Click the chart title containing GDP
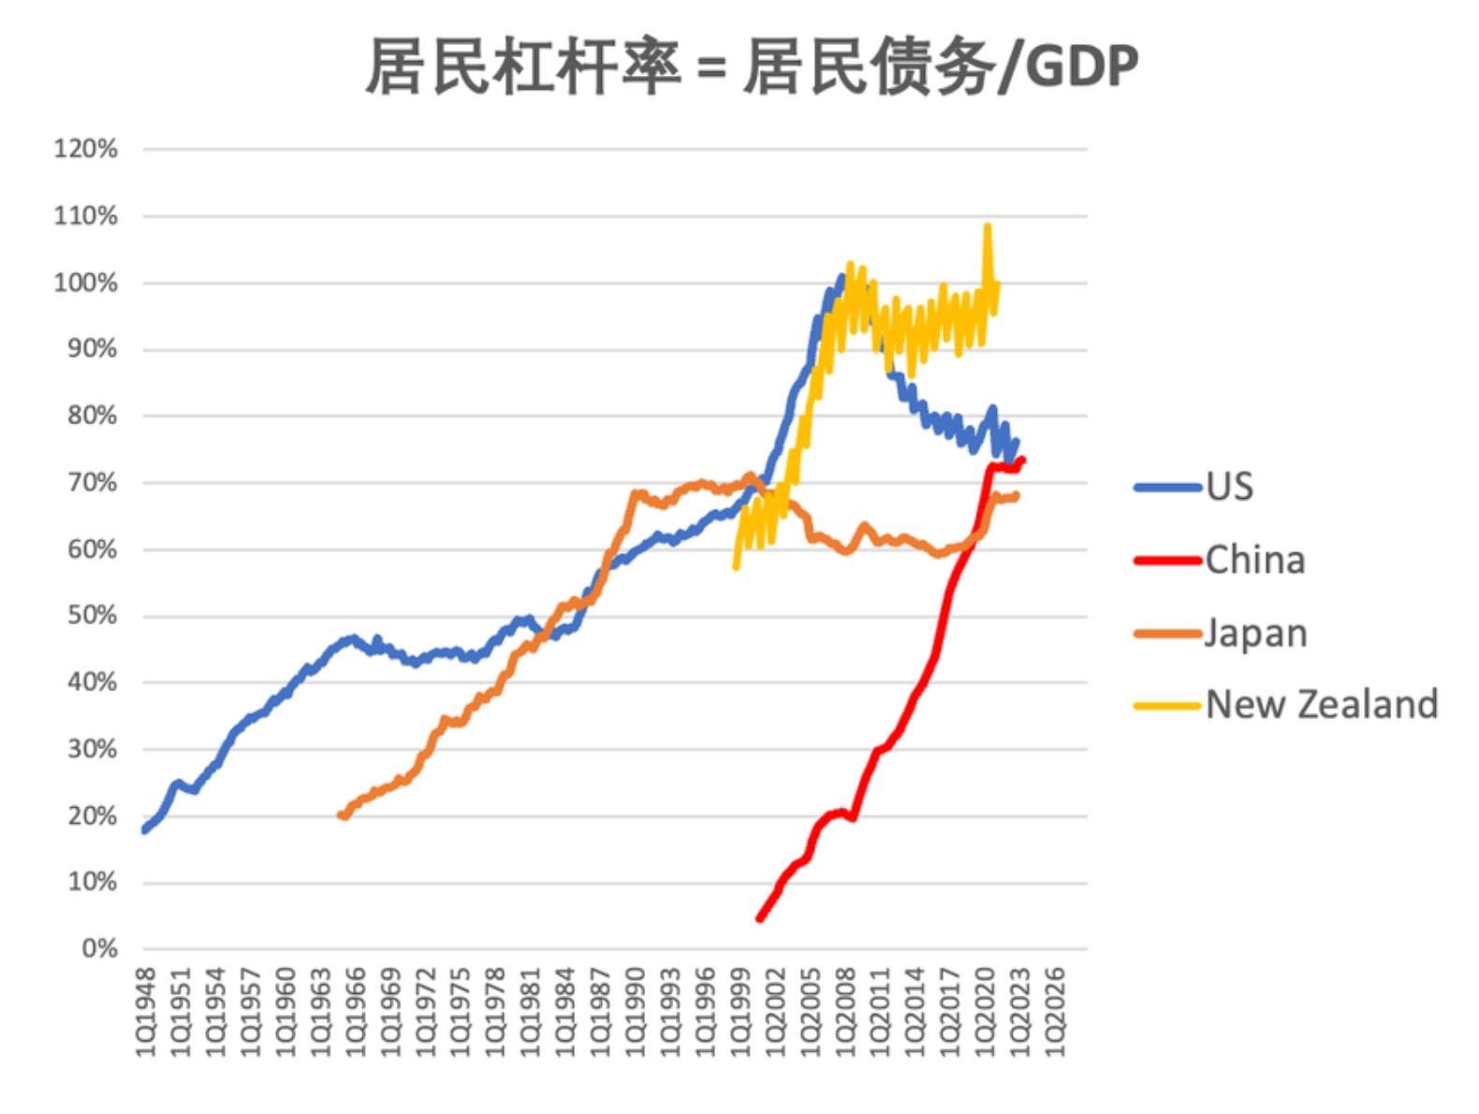click(x=751, y=67)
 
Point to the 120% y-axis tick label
click(x=86, y=149)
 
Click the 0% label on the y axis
click(x=99, y=949)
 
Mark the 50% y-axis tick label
click(x=93, y=616)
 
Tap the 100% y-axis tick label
click(x=86, y=283)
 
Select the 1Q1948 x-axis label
click(x=147, y=1012)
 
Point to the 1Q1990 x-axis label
click(x=636, y=1012)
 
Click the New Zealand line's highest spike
click(x=988, y=227)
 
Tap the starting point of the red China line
click(x=759, y=918)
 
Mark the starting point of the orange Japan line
click(x=341, y=816)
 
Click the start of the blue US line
click(x=145, y=829)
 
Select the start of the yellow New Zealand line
click(x=736, y=566)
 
